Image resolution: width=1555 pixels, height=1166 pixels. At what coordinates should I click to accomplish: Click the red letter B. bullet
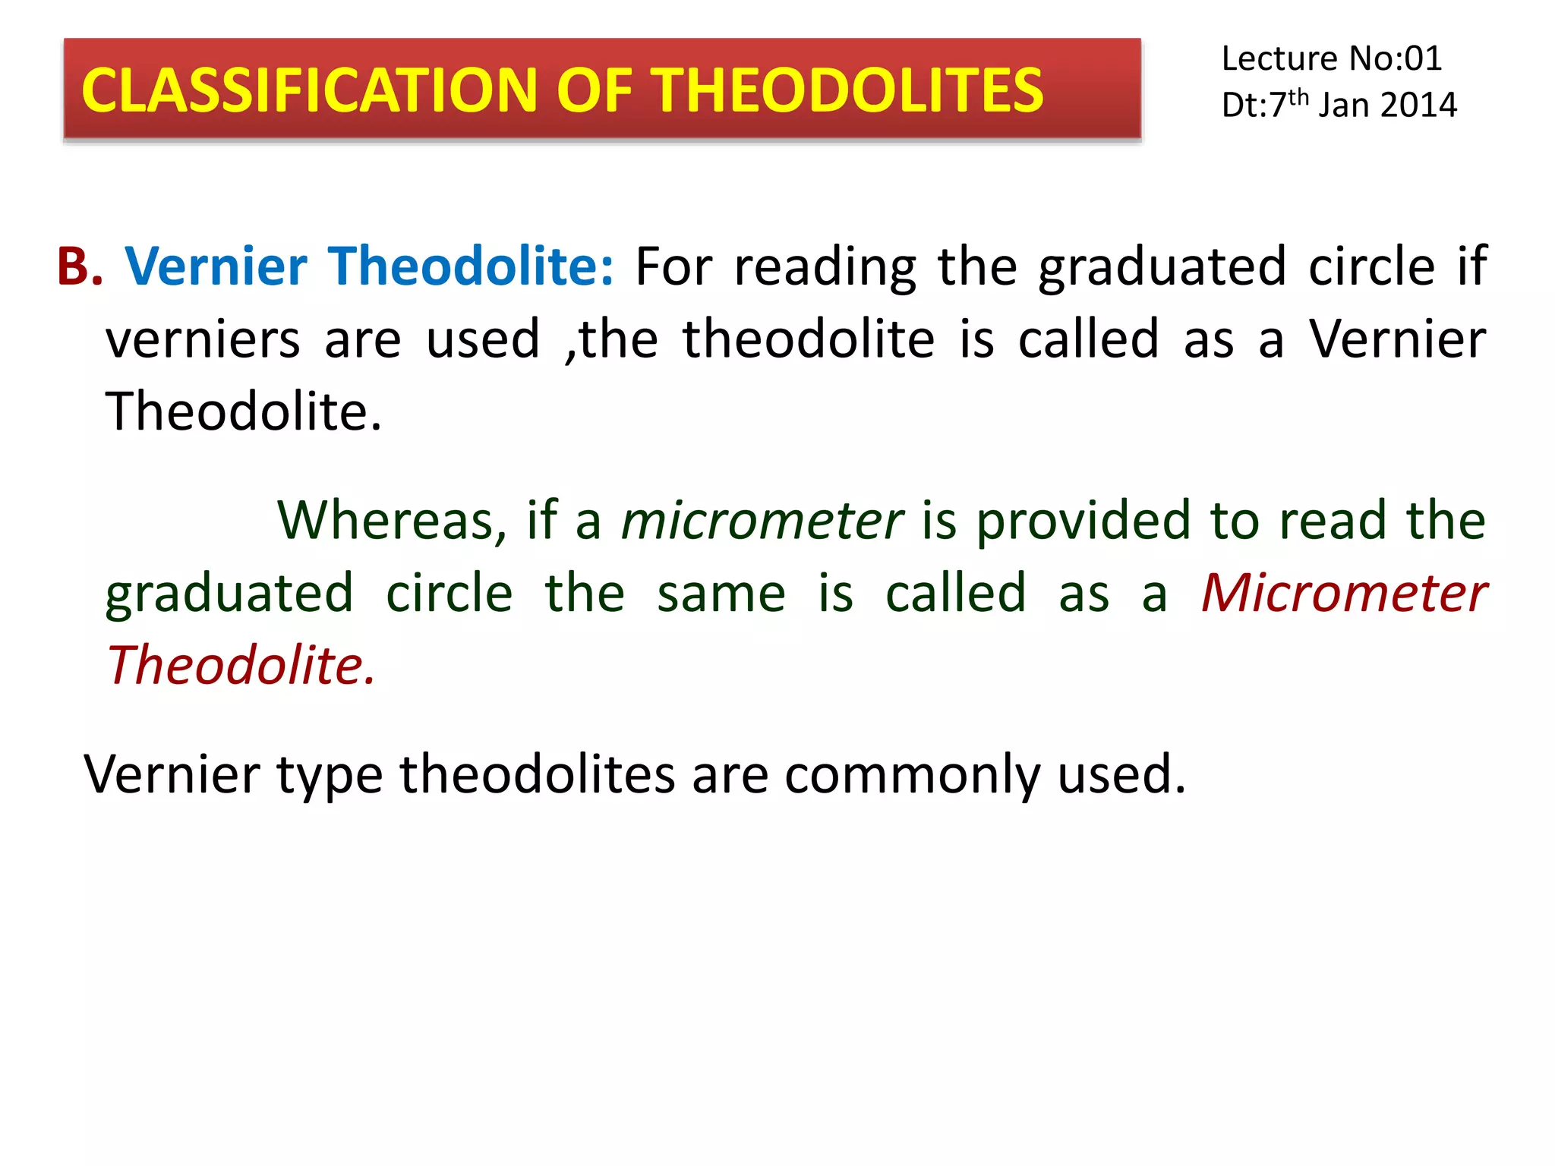pos(79,266)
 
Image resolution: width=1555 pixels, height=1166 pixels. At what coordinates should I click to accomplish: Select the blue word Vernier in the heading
pos(216,266)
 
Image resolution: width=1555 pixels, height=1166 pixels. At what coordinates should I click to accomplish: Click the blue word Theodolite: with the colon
pos(471,266)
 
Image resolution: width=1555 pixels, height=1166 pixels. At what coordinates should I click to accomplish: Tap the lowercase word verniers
pos(203,339)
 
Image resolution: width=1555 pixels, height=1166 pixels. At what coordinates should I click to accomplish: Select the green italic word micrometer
pos(762,521)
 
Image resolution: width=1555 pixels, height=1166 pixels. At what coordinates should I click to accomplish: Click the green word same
pos(721,594)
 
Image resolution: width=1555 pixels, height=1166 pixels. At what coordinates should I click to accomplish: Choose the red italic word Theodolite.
pos(241,665)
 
